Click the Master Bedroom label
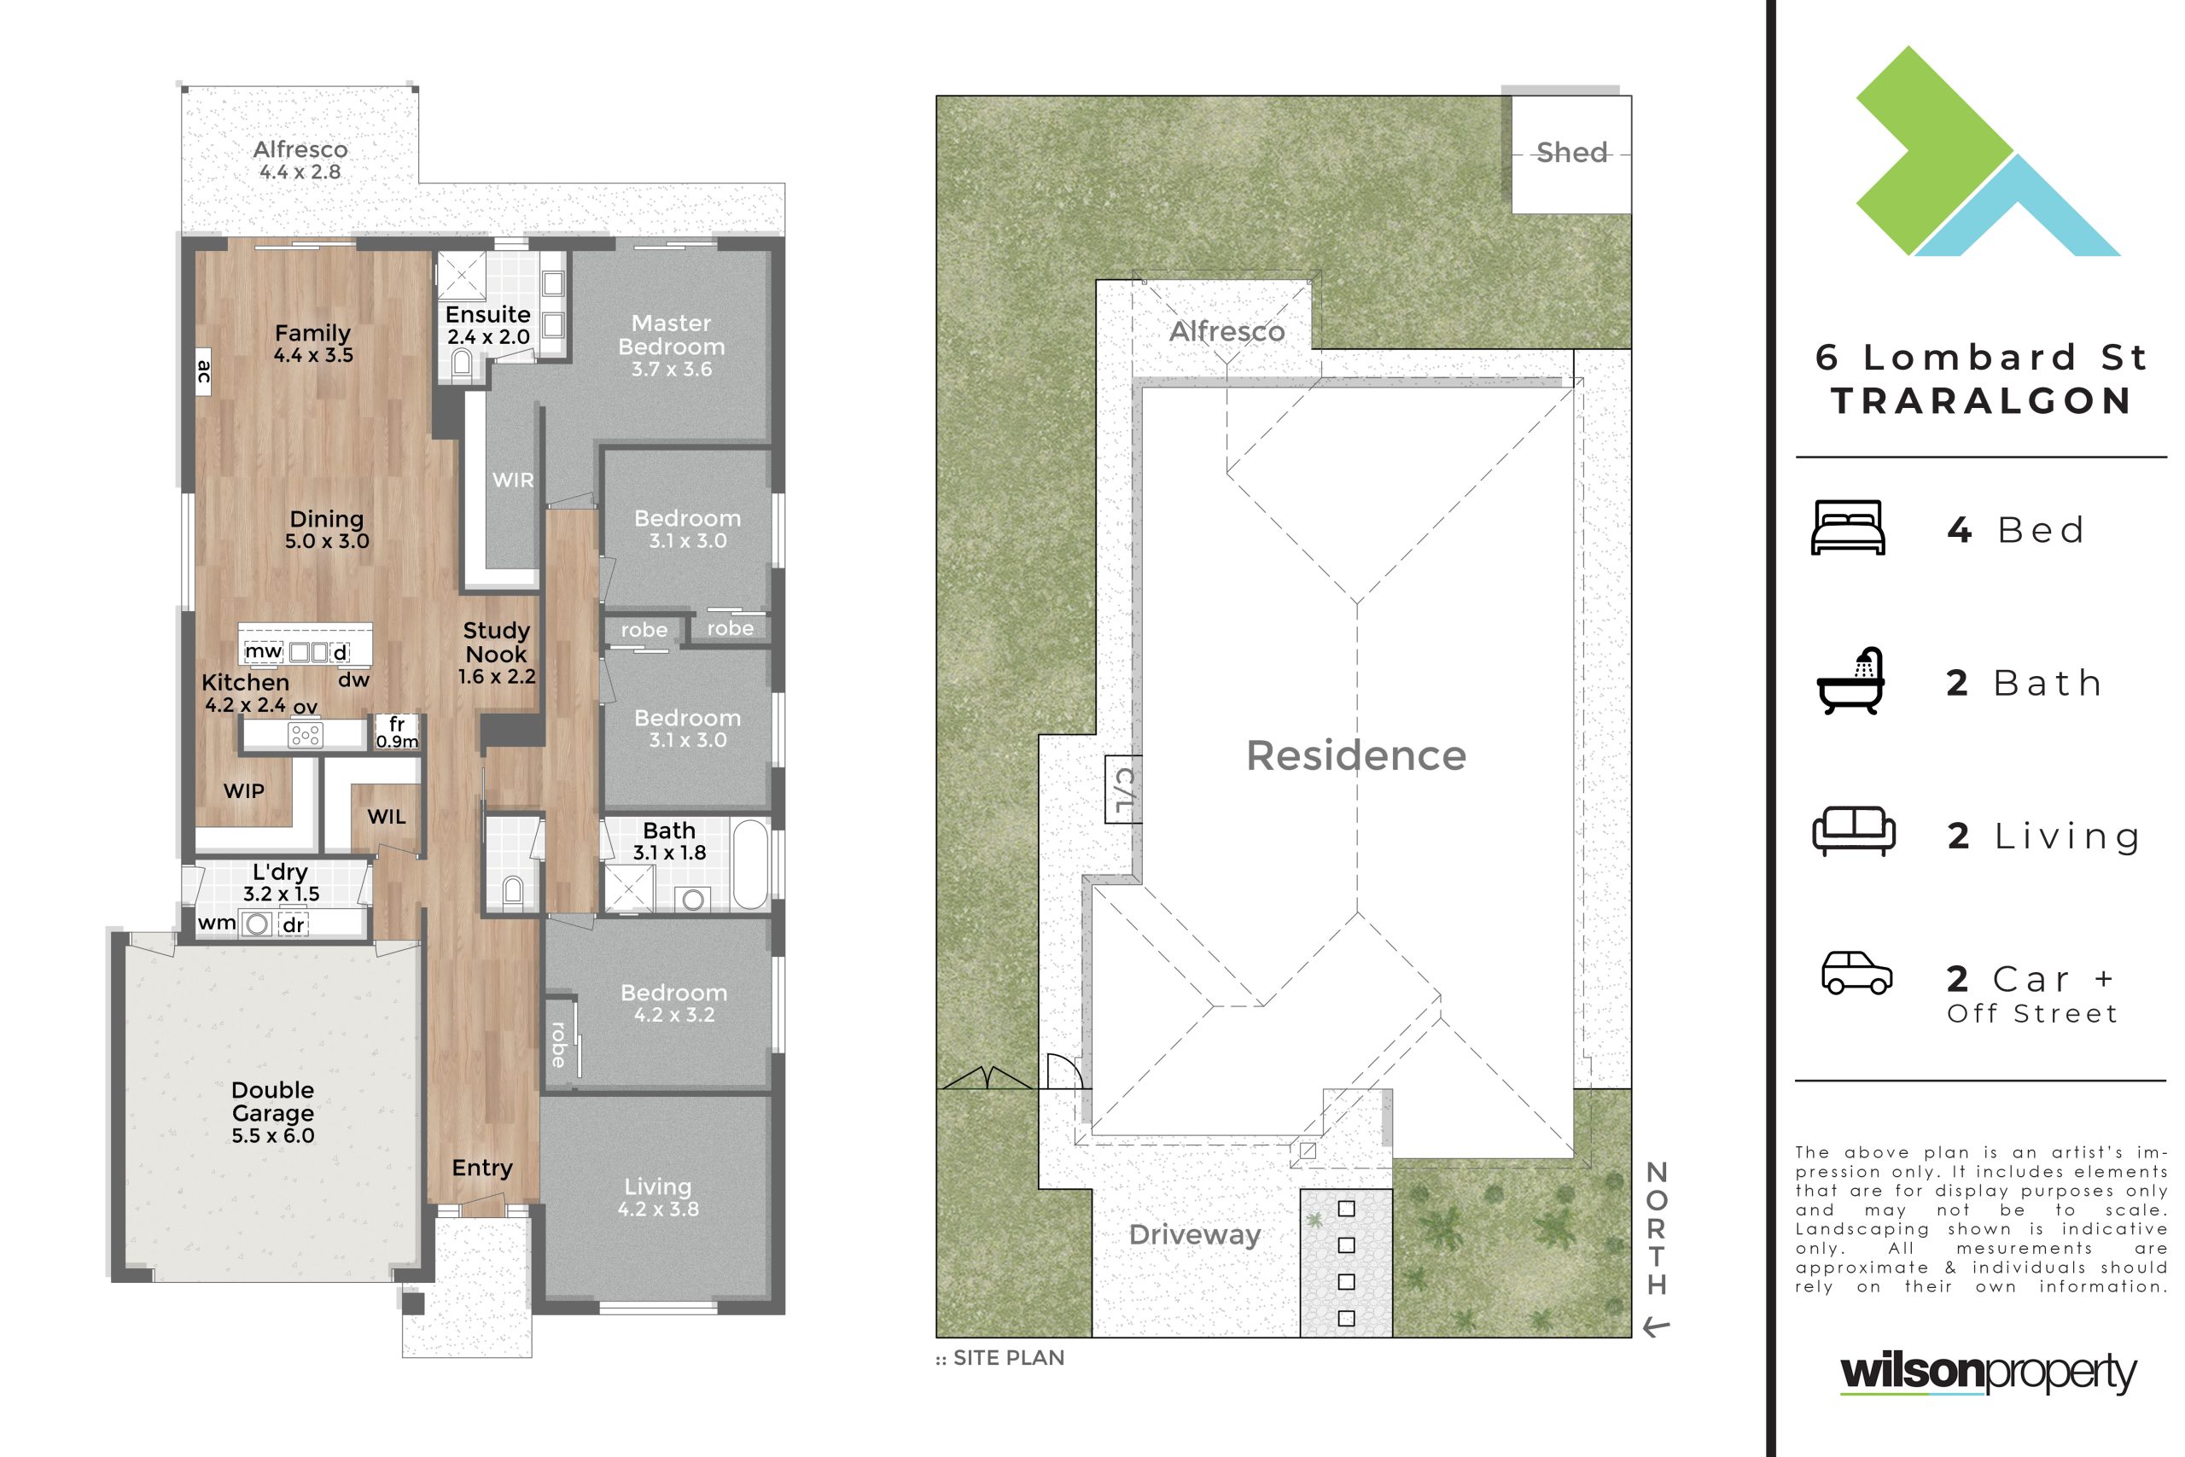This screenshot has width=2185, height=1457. coord(672,335)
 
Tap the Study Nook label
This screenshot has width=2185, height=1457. coord(496,642)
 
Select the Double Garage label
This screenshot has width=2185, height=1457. coord(272,1101)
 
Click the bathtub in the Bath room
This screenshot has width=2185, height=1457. coord(749,864)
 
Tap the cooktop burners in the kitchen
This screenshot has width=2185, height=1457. coord(306,735)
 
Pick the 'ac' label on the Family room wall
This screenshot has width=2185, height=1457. coord(203,371)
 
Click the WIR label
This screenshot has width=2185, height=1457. coord(513,481)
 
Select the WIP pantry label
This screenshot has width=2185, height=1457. coord(244,790)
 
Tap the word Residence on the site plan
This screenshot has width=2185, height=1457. coord(1355,755)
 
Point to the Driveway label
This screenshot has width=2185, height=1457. coord(1195,1235)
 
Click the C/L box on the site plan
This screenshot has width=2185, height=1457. coord(1122,789)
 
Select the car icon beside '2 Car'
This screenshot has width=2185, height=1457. coord(1856,972)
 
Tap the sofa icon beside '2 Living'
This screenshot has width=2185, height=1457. coord(1853,830)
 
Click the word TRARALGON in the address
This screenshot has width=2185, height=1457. coord(1982,401)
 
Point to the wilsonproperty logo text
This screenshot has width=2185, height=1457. coord(1988,1373)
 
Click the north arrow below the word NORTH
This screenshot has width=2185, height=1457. coord(1657,1328)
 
